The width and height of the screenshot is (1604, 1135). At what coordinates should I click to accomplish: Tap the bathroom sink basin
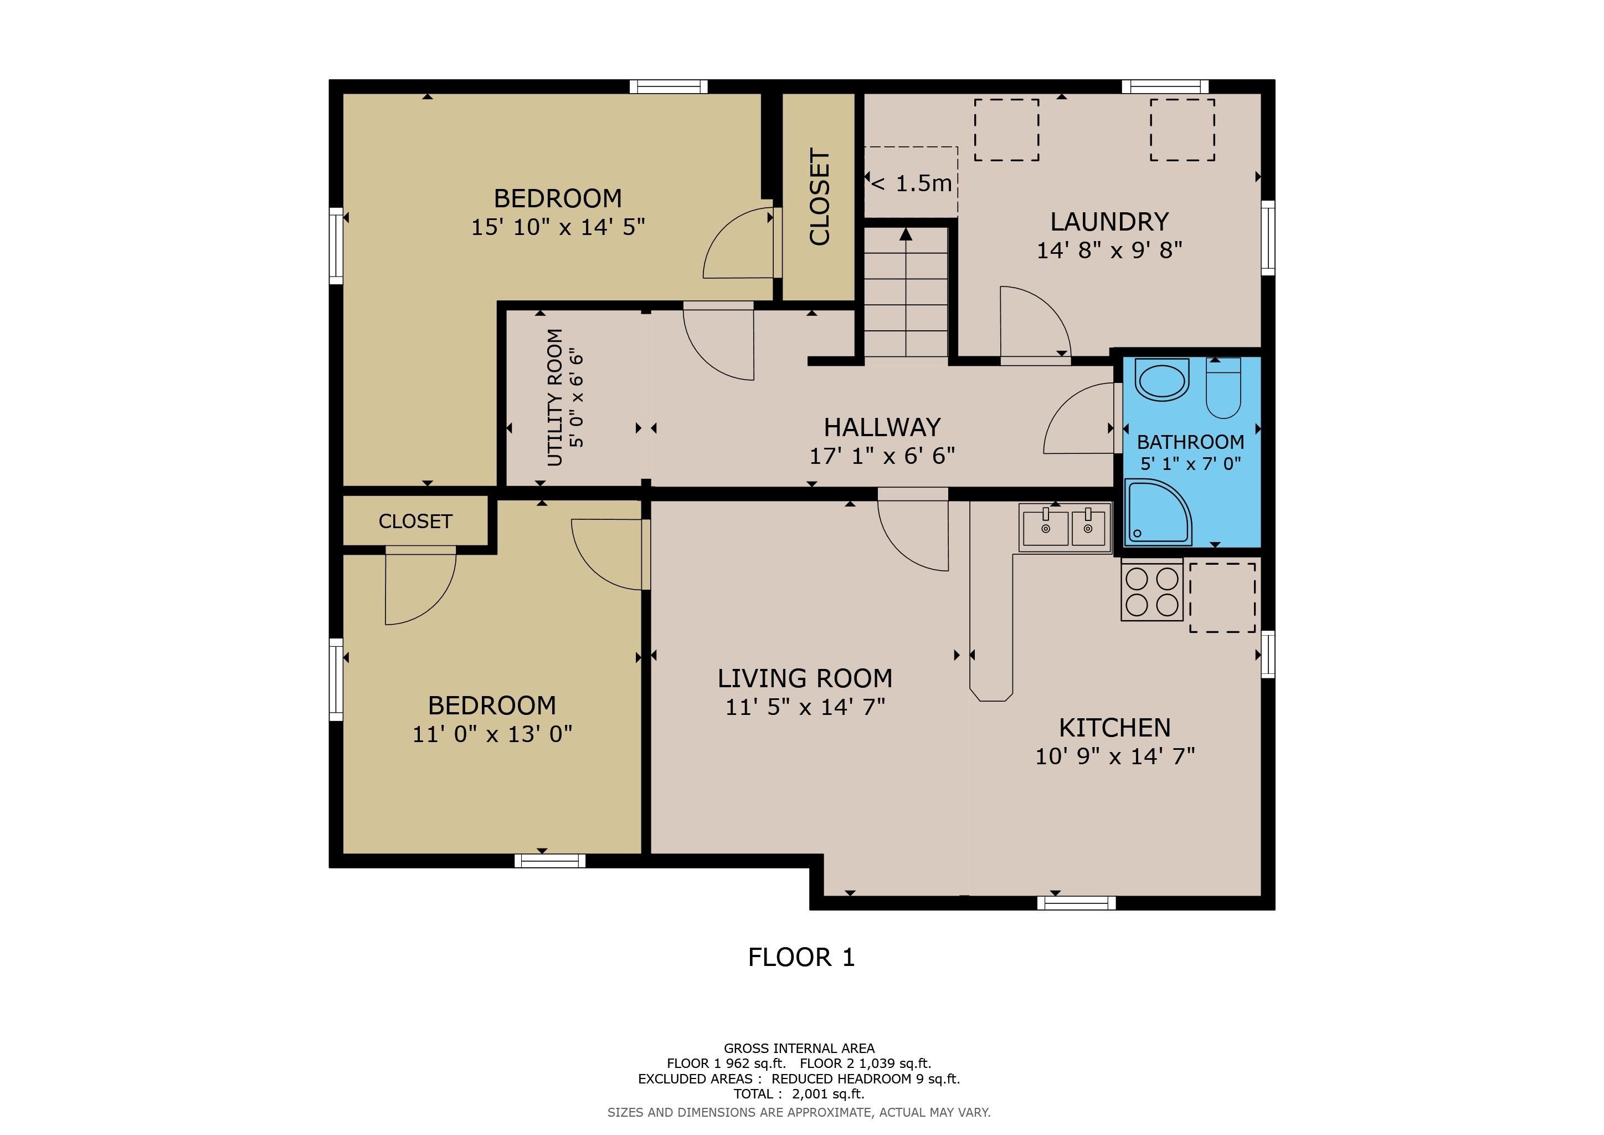coord(1162,380)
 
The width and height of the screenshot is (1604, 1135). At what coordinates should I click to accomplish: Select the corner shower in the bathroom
coord(1157,512)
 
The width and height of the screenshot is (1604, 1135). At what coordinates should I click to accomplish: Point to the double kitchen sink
coord(1065,528)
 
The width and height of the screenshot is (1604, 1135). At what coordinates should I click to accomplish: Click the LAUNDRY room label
coord(1109,222)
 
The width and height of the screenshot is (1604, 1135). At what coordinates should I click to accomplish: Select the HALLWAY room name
coord(882,427)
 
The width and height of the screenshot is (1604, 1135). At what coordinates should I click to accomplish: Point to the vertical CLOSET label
coord(820,197)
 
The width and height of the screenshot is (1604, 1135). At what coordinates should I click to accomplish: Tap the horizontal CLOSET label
coord(415,522)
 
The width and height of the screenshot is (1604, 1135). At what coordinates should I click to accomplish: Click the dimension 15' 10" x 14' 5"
coord(558,227)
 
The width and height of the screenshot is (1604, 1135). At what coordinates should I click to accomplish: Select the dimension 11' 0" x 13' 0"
coord(492,734)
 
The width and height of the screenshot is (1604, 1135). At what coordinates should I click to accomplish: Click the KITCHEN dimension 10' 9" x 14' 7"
coord(1115,756)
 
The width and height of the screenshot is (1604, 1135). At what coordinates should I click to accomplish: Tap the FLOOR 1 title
coord(801,958)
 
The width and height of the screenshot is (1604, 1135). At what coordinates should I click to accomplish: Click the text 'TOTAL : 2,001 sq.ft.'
coord(799,1094)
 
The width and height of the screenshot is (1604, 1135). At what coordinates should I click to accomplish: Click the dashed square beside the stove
coord(1222,597)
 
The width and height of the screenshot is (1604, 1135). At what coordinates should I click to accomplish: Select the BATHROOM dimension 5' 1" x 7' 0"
coord(1190,463)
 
